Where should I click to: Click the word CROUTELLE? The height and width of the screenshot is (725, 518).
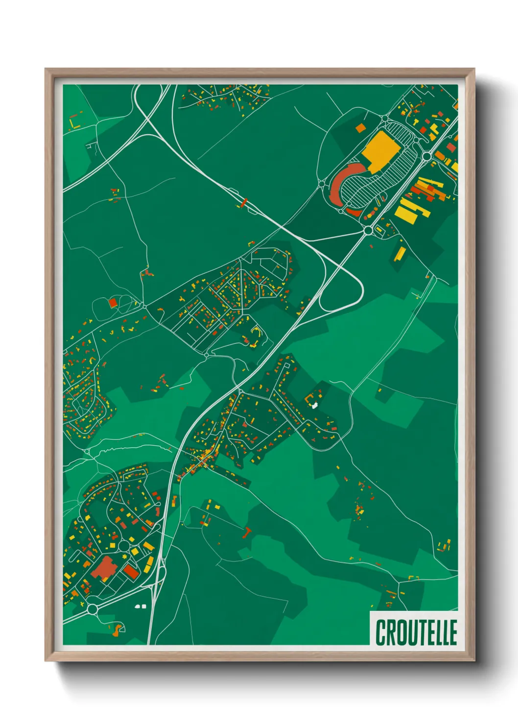pyautogui.click(x=416, y=632)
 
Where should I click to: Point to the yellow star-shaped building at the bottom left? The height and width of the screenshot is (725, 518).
pyautogui.click(x=124, y=558)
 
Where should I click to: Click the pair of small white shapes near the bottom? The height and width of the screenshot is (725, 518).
pyautogui.click(x=141, y=606)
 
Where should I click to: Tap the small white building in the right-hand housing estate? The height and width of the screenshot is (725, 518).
pyautogui.click(x=314, y=405)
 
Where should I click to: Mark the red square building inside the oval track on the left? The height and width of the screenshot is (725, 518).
pyautogui.click(x=113, y=303)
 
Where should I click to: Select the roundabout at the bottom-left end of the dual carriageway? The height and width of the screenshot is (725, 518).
pyautogui.click(x=92, y=609)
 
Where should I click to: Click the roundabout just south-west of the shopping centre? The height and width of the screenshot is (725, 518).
pyautogui.click(x=368, y=230)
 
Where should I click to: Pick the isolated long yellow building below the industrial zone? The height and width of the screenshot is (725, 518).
pyautogui.click(x=400, y=254)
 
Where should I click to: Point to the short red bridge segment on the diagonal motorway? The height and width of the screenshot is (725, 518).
pyautogui.click(x=244, y=202)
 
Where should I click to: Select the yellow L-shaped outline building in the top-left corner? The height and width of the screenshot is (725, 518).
pyautogui.click(x=74, y=123)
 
